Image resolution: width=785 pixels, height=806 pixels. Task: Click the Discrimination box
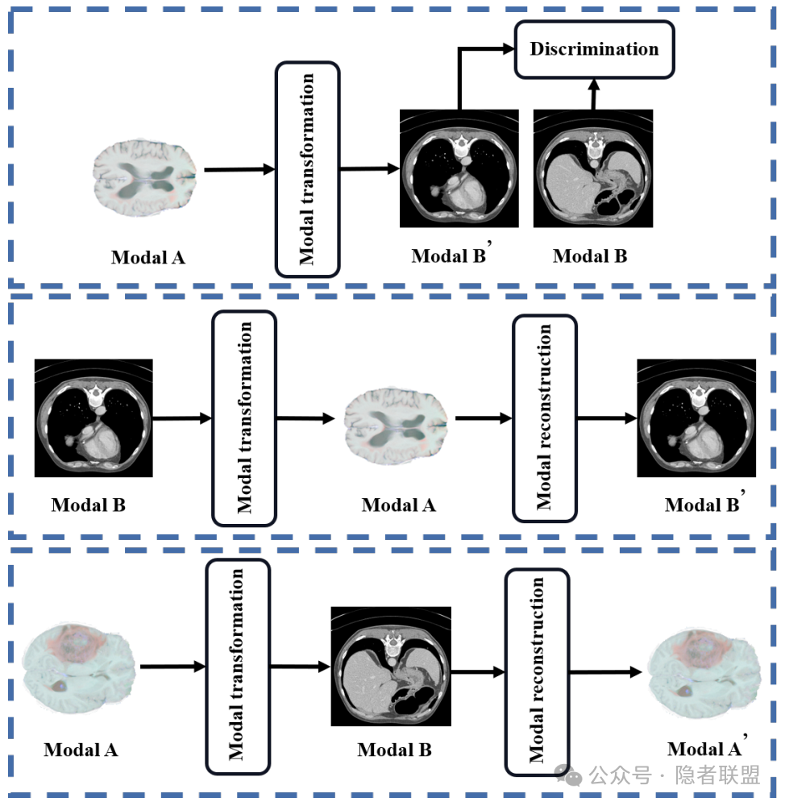click(594, 49)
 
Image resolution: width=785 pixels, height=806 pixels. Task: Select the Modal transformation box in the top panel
click(307, 169)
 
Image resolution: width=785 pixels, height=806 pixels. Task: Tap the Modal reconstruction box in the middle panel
click(545, 418)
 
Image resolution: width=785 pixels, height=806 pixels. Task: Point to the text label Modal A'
click(704, 750)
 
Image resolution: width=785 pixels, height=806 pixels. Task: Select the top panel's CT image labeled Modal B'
click(459, 168)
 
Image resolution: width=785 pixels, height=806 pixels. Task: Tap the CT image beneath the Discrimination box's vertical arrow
click(593, 168)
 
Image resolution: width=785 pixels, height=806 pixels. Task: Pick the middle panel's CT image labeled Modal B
click(93, 418)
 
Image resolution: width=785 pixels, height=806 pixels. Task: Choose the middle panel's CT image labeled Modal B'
click(696, 418)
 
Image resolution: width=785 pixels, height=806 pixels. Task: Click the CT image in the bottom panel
click(391, 666)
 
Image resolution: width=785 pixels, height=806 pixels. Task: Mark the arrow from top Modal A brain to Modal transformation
click(239, 169)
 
